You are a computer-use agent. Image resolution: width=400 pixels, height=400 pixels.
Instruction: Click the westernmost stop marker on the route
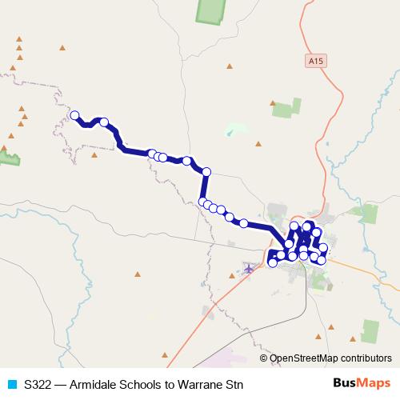[x=75, y=116]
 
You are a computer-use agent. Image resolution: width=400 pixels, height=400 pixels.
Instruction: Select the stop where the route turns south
[x=206, y=171]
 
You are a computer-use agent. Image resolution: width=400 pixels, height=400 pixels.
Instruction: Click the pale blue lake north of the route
[x=237, y=127]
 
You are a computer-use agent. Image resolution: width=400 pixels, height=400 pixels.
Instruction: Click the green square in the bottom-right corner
[x=369, y=330]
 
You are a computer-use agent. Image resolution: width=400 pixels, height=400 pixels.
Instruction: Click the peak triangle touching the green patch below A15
[x=274, y=103]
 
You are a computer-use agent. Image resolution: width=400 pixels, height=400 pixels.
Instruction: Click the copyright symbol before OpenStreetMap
[x=264, y=358]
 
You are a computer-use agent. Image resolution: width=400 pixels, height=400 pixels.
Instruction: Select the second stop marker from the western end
[x=103, y=122]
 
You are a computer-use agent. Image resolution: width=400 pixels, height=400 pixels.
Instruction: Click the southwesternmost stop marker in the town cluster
[x=273, y=262]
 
